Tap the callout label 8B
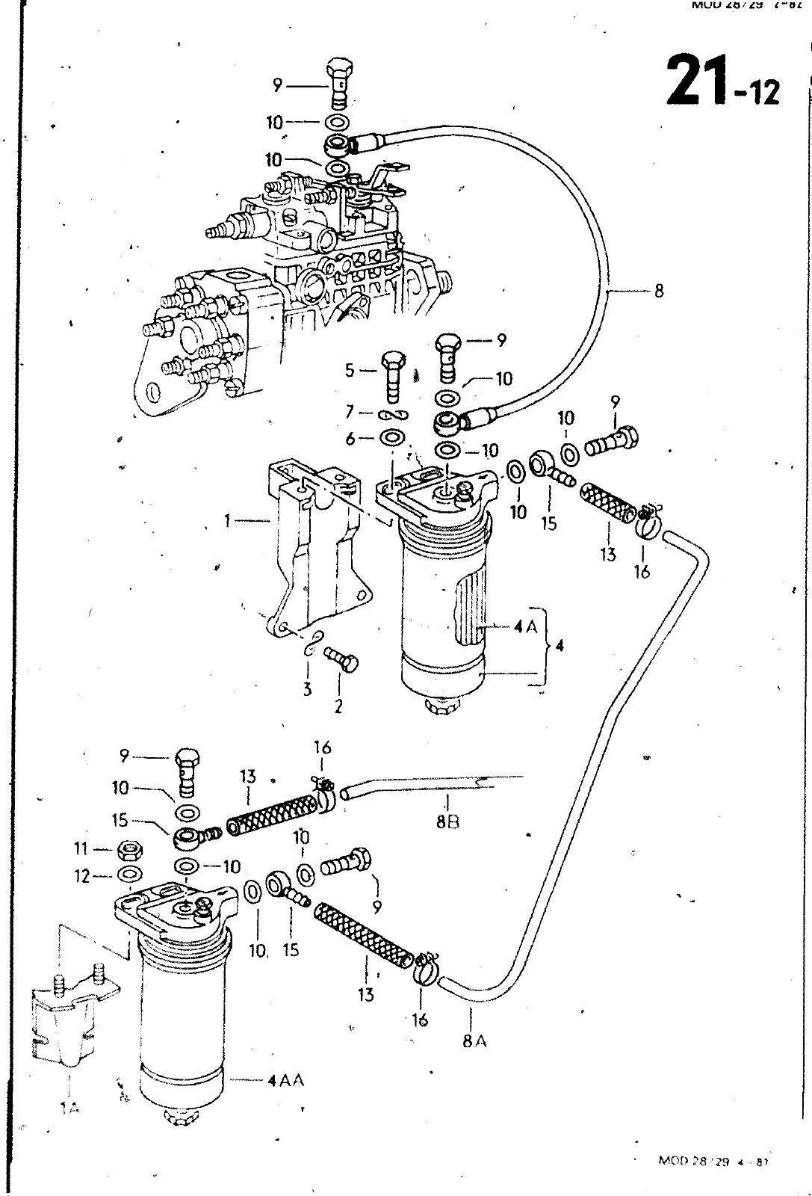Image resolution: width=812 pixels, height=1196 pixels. (448, 822)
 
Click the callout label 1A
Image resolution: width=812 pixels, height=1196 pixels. (69, 1109)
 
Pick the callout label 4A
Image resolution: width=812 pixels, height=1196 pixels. (526, 627)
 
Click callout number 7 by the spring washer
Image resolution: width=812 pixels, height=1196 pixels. (350, 412)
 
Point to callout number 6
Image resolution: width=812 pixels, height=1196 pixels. (350, 439)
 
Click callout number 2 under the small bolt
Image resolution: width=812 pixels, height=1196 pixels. (338, 706)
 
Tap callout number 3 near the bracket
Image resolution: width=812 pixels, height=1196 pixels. (307, 689)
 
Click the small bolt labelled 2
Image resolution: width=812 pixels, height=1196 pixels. (342, 659)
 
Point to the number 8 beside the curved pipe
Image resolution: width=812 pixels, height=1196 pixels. (658, 291)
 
